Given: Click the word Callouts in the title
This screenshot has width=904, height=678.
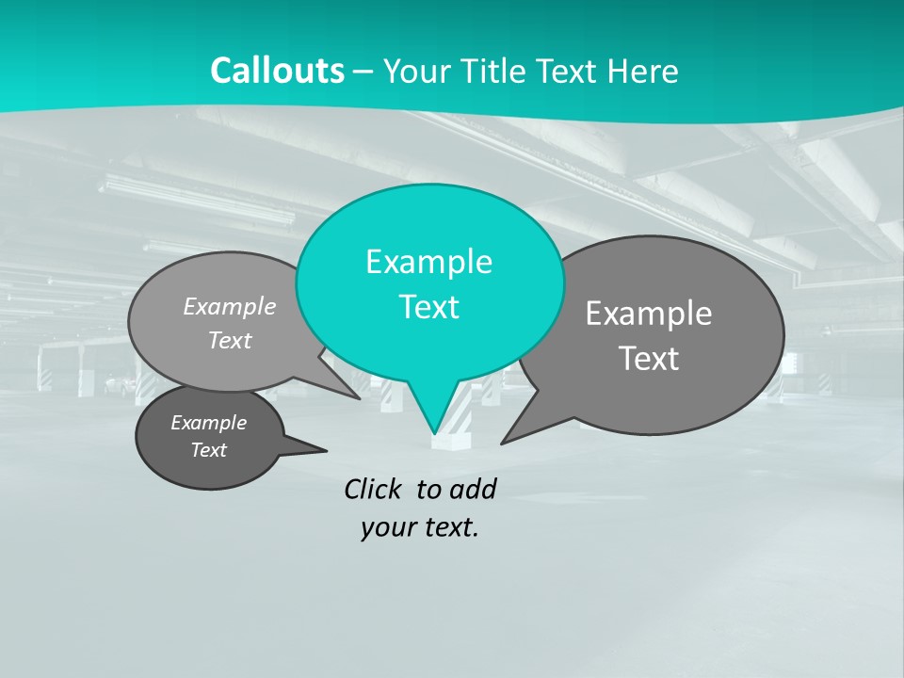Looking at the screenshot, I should coord(277,72).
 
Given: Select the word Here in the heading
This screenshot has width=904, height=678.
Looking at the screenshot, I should coord(645,72).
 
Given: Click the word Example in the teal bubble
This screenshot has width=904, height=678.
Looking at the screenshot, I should coord(428,262).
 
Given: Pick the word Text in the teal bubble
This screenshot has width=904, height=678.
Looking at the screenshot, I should coord(428,307).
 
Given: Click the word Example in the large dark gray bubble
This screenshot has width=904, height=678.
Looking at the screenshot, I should coord(649,314).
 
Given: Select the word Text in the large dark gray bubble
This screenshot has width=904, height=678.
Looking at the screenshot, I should coord(649,359).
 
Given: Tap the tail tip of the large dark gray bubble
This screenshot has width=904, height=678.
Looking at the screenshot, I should coord(503,442).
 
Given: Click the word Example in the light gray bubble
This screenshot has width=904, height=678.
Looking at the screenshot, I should coord(230,307).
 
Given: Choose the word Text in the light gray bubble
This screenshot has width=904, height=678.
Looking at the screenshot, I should coord(230,341).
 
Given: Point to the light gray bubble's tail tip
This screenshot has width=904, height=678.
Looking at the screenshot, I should coord(359,397).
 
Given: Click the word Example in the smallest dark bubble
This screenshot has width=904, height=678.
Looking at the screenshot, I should coord(208,423).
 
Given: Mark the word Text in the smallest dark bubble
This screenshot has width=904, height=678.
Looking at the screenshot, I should coord(208,450).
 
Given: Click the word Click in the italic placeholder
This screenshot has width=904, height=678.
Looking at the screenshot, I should coord(375,489).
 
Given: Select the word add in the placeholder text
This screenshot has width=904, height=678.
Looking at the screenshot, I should coord(473,489).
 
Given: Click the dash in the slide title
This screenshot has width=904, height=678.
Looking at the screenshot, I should coord(364,72).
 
